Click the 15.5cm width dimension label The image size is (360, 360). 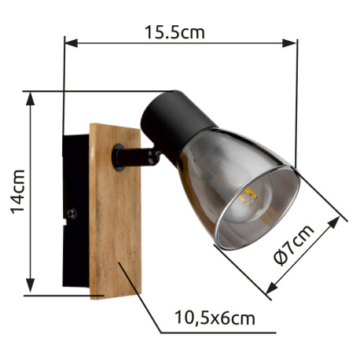[174, 33]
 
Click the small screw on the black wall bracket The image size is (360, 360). [72, 212]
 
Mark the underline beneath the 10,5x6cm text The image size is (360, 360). [208, 331]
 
